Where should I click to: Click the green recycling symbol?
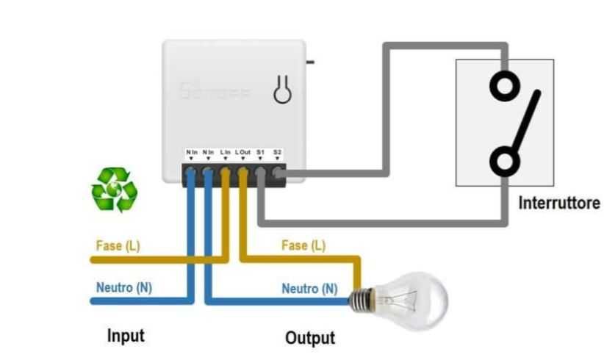(x=114, y=190)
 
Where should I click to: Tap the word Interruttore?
(x=558, y=203)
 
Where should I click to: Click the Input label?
(x=126, y=336)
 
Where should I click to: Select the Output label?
(x=309, y=338)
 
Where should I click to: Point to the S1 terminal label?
(x=260, y=152)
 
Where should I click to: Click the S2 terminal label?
(x=277, y=152)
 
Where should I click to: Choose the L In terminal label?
(x=226, y=152)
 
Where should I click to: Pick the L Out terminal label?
(x=243, y=152)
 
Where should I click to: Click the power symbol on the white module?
(x=281, y=90)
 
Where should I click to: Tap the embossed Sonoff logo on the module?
(x=215, y=92)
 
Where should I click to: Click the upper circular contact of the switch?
(x=504, y=87)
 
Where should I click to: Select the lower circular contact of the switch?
(x=504, y=160)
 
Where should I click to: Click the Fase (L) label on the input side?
(x=118, y=245)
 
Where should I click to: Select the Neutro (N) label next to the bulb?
(x=309, y=289)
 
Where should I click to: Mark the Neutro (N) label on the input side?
(x=123, y=287)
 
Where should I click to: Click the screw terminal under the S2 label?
(x=278, y=173)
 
